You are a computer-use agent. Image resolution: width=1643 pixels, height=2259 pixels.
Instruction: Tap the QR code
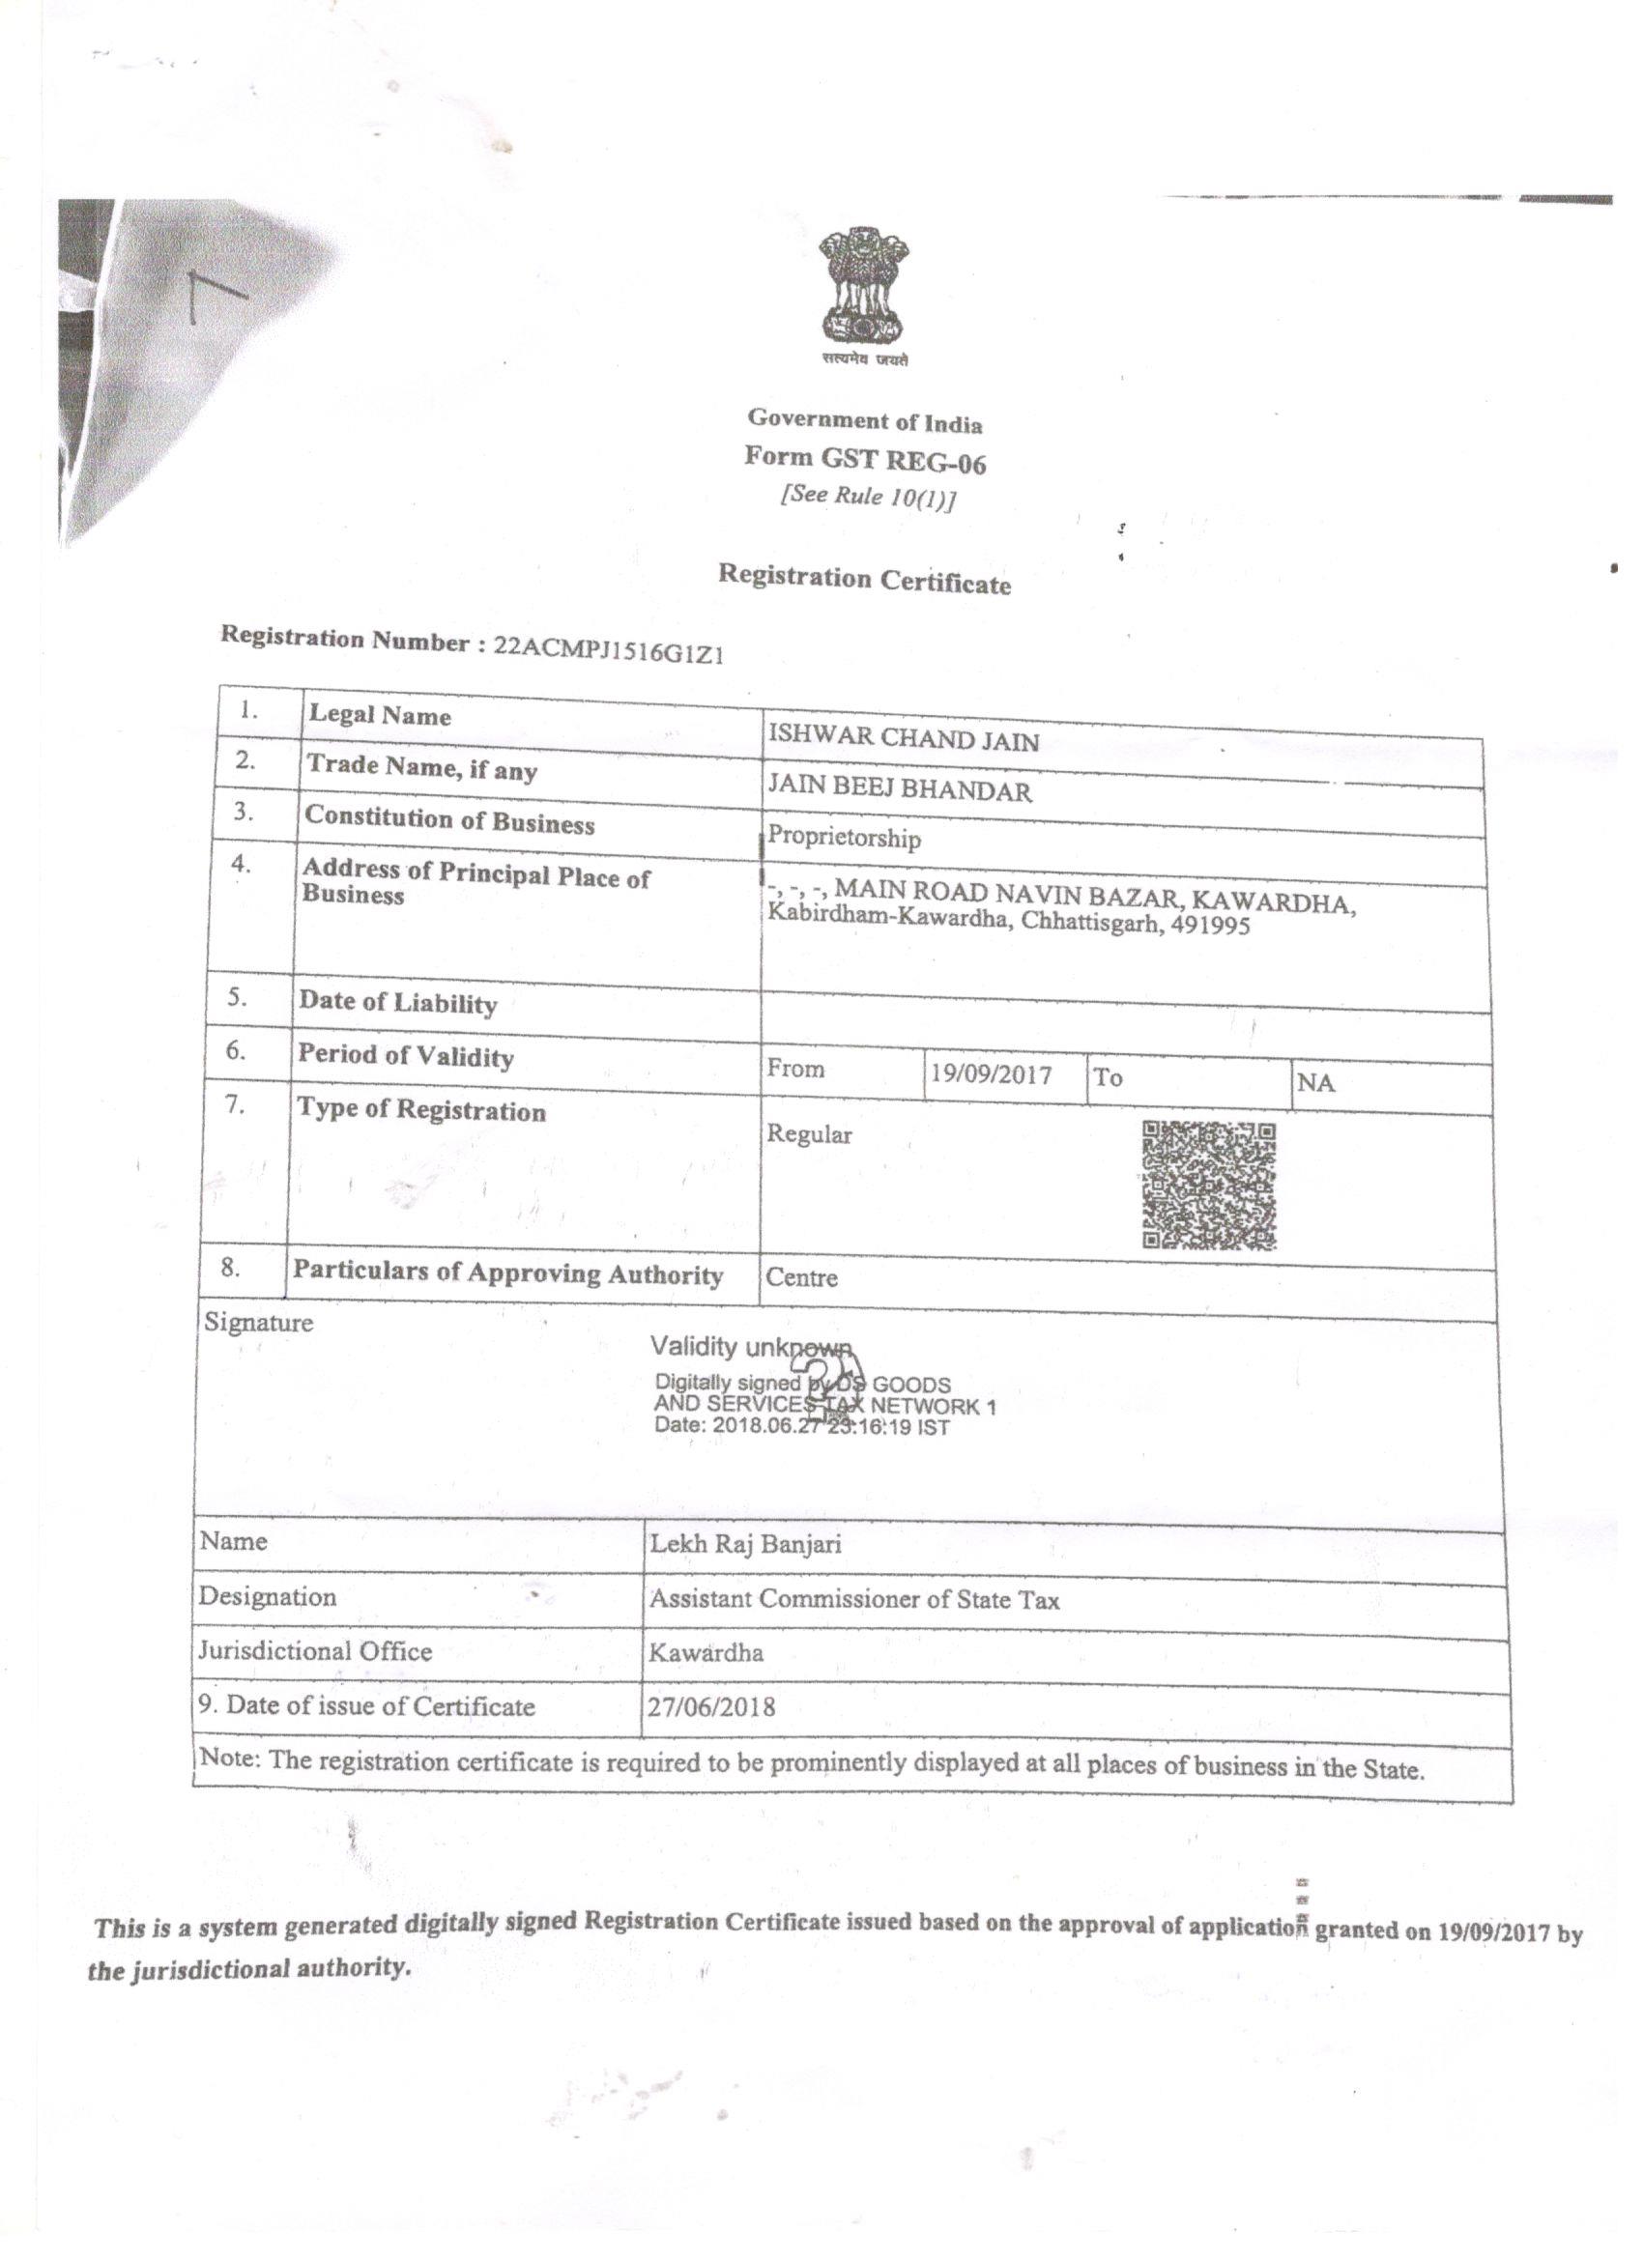[x=1209, y=1186]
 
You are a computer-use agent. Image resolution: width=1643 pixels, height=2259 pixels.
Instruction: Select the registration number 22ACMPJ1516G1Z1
[x=608, y=648]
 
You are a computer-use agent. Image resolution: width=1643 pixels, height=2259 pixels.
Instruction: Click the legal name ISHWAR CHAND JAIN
[x=903, y=739]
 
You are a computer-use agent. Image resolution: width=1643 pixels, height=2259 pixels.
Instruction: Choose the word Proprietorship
[x=844, y=838]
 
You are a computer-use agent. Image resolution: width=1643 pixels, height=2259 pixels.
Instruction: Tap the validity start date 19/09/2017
[x=991, y=1074]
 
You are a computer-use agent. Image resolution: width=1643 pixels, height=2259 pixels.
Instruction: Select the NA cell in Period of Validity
[x=1315, y=1083]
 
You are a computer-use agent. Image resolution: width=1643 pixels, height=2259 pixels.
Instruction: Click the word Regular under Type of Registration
[x=809, y=1134]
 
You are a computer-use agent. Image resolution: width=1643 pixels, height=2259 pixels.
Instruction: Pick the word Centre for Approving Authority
[x=801, y=1278]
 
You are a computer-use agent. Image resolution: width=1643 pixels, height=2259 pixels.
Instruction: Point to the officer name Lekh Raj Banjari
[x=745, y=1545]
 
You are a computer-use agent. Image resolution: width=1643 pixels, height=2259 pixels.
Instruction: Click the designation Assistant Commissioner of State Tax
[x=854, y=1601]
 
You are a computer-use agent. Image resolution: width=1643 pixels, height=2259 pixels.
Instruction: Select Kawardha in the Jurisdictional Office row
[x=706, y=1653]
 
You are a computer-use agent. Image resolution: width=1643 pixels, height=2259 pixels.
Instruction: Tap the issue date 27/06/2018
[x=710, y=1707]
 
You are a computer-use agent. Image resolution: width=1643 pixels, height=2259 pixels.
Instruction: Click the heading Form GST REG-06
[x=865, y=460]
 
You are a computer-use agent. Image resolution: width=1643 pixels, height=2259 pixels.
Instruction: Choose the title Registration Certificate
[x=864, y=580]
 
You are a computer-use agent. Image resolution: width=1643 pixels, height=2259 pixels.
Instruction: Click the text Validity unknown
[x=751, y=1348]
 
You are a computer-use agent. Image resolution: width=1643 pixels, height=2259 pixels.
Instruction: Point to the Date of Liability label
[x=397, y=1003]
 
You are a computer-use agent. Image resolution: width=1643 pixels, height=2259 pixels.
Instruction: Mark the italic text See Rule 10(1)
[x=867, y=497]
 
